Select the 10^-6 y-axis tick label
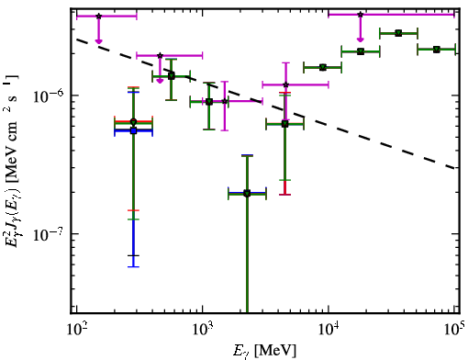point(49,96)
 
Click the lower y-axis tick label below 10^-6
point(49,234)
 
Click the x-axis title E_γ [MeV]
point(264,351)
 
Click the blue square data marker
point(133,130)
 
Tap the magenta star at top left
point(98,16)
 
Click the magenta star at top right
point(361,15)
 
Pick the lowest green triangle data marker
point(247,194)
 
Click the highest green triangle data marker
point(398,33)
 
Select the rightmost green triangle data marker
point(437,50)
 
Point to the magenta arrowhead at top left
point(98,41)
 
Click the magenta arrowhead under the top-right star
point(361,39)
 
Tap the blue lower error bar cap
point(133,266)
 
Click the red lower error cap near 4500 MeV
point(285,195)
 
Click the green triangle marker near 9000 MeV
point(322,67)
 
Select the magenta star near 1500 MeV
point(225,101)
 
